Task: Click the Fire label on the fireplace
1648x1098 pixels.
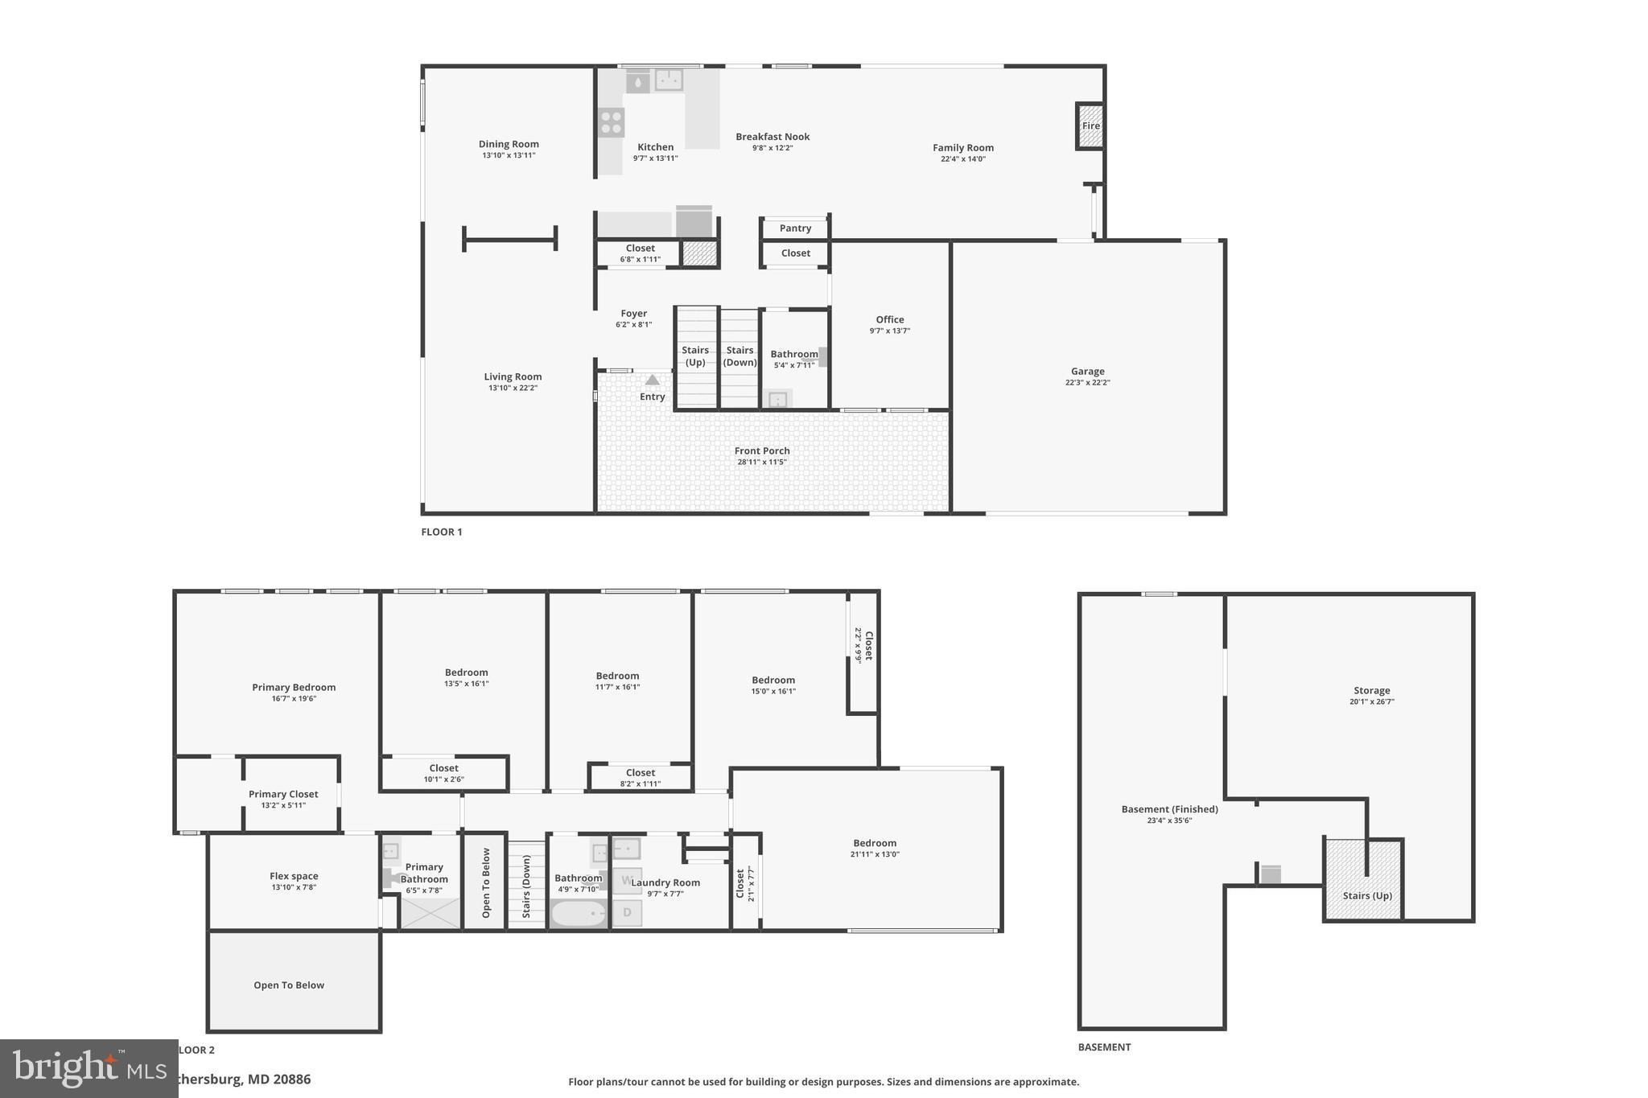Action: tap(1090, 126)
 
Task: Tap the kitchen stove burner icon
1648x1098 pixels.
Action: tap(611, 122)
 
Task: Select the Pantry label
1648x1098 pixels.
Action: tap(795, 228)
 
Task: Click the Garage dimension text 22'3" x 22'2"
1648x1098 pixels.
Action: tap(1087, 383)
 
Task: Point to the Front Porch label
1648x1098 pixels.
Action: tap(761, 451)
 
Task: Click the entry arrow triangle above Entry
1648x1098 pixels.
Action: tap(653, 380)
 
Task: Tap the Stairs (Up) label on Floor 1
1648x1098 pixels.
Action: tap(695, 356)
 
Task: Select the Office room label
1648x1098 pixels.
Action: tap(889, 319)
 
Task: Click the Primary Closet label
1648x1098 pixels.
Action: tap(283, 794)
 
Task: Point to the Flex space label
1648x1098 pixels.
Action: tap(294, 876)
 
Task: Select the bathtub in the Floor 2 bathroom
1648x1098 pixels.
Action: tap(579, 914)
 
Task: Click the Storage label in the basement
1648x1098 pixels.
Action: tap(1371, 690)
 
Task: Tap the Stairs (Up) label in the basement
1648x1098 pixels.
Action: tap(1366, 895)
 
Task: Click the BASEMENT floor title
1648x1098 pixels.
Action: tap(1104, 1047)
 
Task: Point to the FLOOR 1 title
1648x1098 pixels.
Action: tap(441, 532)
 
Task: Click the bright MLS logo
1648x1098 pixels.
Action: tap(89, 1068)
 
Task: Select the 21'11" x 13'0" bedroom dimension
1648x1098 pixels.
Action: tap(875, 854)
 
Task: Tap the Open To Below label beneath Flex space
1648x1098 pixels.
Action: tap(288, 985)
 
